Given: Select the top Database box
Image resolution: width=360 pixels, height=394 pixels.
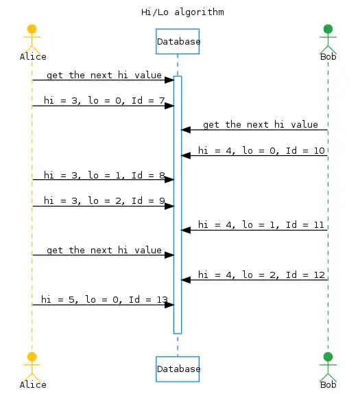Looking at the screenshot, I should click(x=178, y=41).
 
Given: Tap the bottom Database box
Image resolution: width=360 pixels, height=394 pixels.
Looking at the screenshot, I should click(x=178, y=369).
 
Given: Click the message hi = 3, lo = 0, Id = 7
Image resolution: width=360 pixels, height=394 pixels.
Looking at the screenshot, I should click(x=104, y=101).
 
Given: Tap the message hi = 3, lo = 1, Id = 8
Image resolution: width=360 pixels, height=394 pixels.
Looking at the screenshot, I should click(x=104, y=175).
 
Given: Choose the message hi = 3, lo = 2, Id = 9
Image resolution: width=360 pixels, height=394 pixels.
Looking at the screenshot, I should click(x=104, y=201).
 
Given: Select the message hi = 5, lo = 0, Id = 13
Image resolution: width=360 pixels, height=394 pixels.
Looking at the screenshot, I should click(x=104, y=300).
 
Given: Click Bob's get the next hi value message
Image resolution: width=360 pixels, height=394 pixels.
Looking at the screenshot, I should click(x=261, y=124).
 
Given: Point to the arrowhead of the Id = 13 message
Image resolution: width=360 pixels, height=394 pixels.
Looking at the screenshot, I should click(x=169, y=305).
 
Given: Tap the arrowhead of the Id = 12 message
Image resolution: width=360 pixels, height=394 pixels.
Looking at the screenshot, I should click(x=186, y=279).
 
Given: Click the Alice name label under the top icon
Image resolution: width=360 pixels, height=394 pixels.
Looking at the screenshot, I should click(x=32, y=56).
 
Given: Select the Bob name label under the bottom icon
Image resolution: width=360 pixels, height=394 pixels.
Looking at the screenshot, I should click(x=328, y=384).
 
